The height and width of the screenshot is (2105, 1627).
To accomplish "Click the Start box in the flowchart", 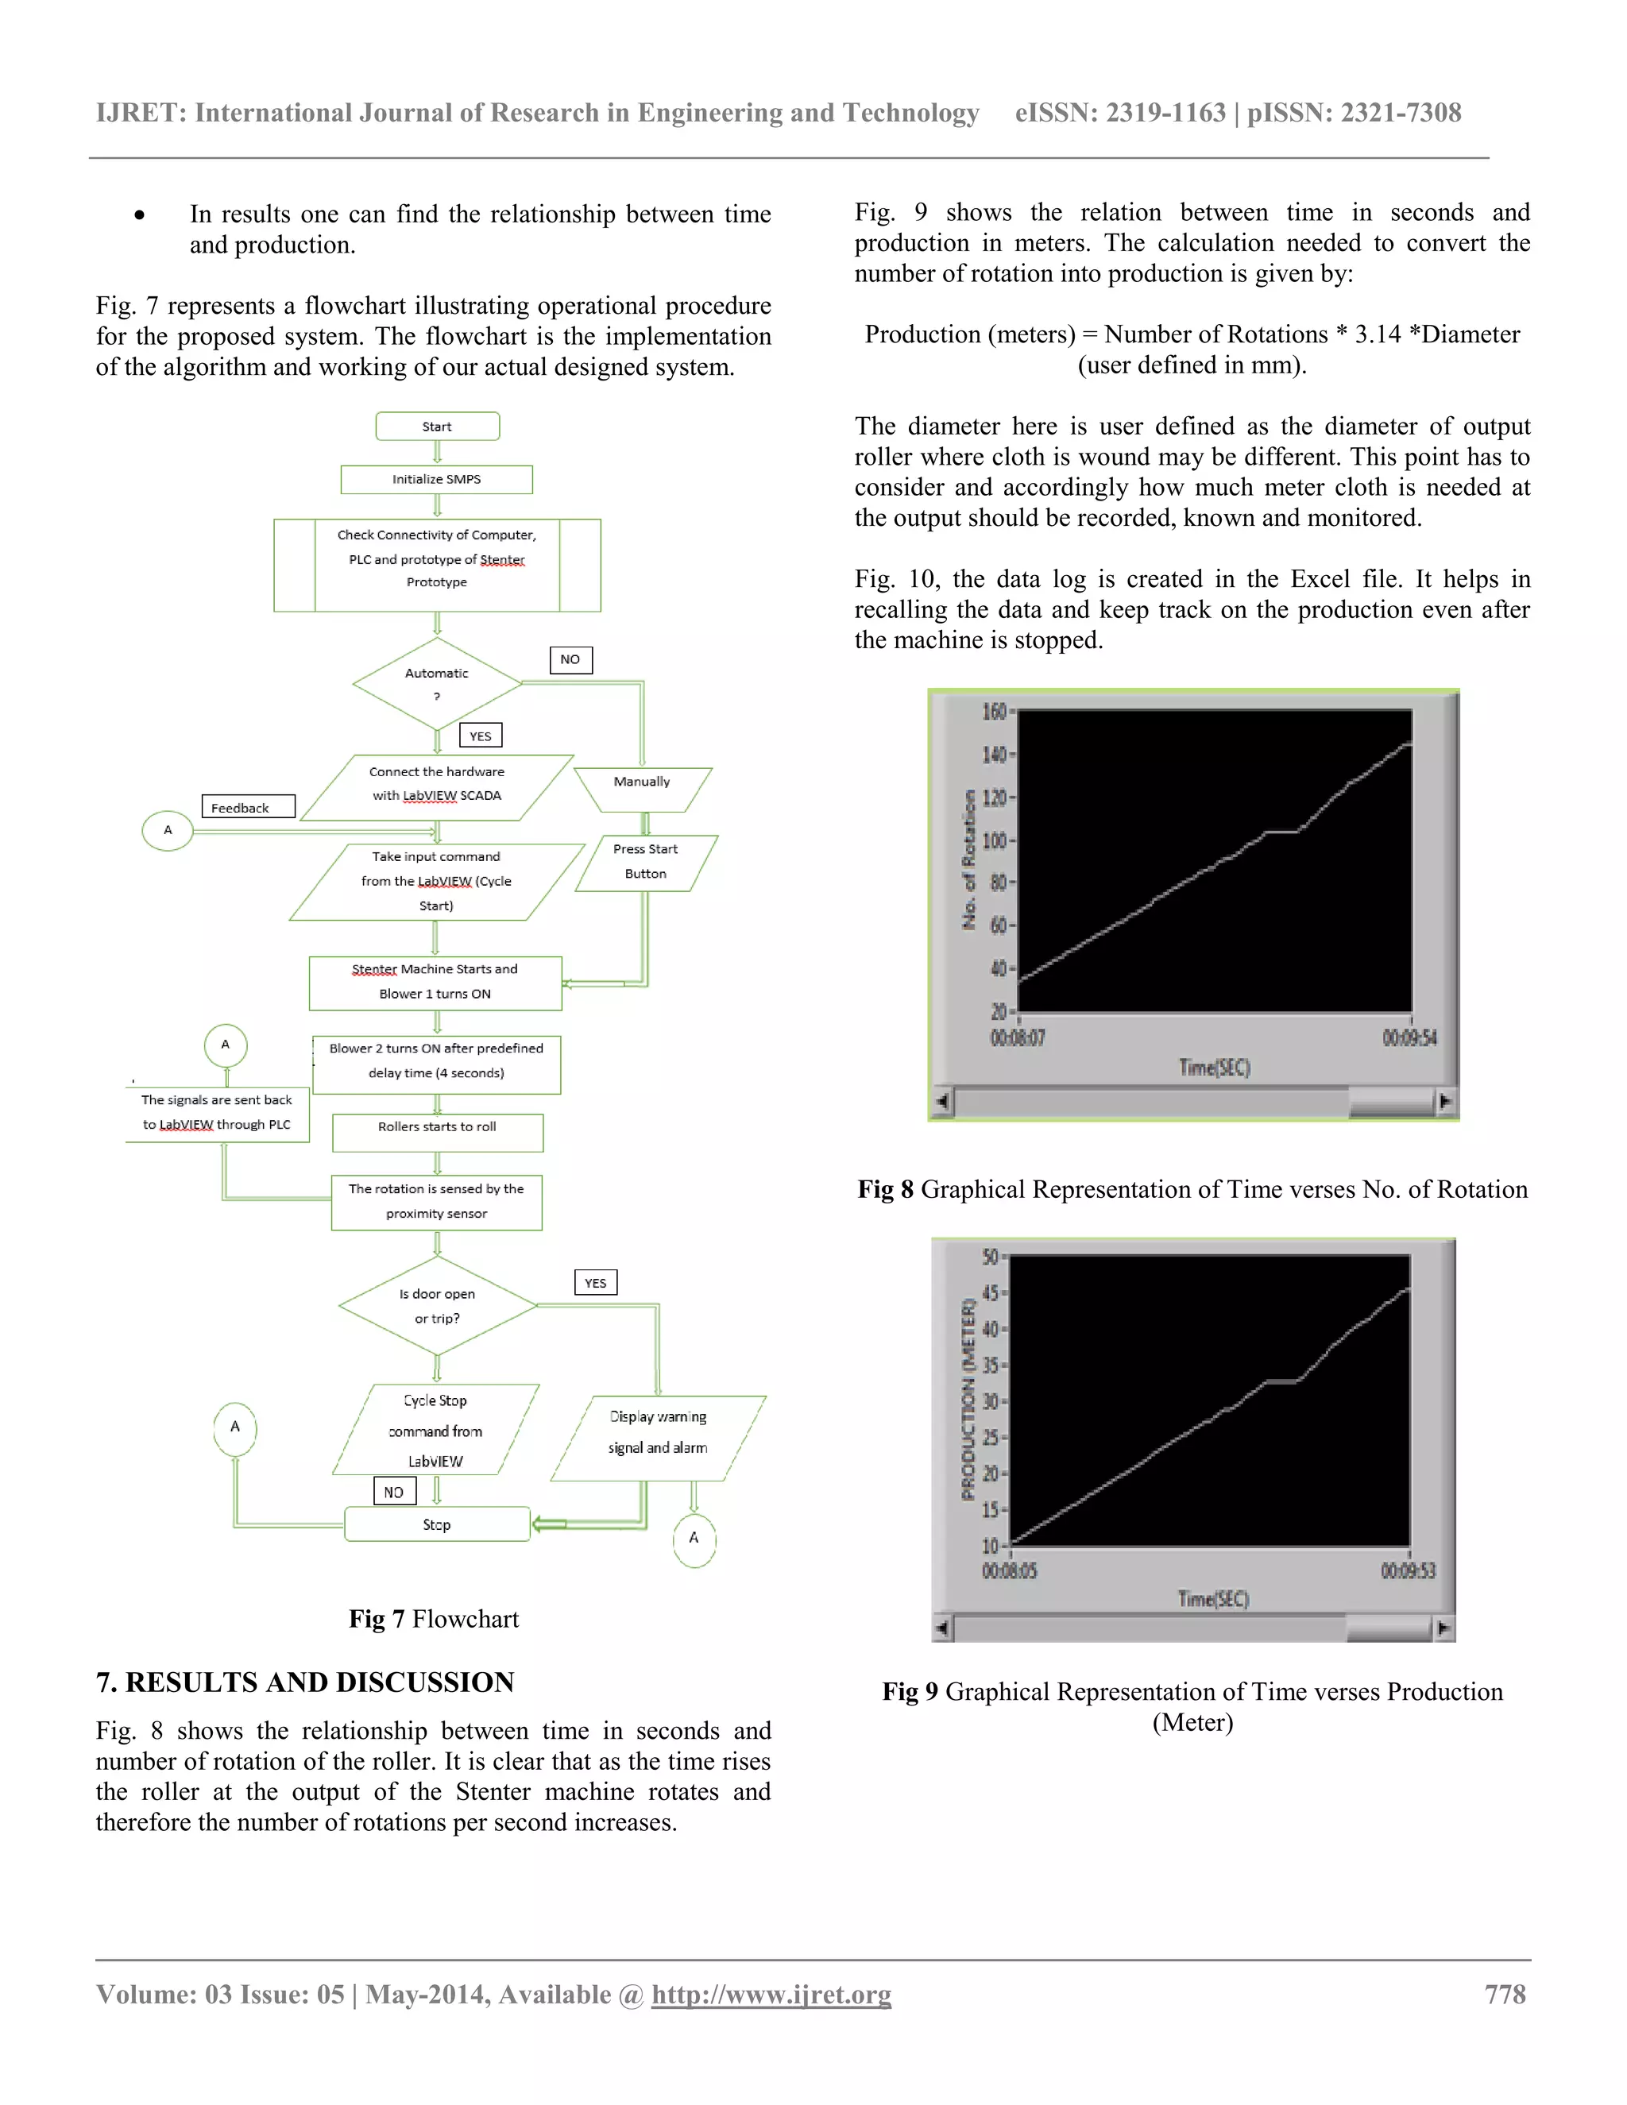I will [x=437, y=426].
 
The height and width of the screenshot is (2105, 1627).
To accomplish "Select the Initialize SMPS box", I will [x=437, y=479].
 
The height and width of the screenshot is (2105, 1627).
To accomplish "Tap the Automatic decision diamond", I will [x=437, y=683].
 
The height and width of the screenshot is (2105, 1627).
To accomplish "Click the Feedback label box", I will [x=248, y=808].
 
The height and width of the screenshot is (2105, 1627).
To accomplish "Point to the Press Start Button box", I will [x=646, y=862].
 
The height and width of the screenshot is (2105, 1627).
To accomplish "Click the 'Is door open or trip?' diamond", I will [x=438, y=1306].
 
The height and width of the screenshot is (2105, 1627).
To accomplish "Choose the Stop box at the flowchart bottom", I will [x=437, y=1524].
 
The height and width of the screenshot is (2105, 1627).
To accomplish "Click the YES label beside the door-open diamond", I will [x=596, y=1283].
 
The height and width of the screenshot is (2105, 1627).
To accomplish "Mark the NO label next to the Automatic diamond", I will [x=570, y=659].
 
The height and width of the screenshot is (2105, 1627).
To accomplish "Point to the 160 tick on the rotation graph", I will [x=994, y=711].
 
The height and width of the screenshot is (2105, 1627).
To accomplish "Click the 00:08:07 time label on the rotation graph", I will [x=1018, y=1038].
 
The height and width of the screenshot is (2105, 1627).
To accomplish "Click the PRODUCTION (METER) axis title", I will [x=968, y=1399].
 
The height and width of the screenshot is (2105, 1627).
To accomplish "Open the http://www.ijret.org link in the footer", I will [x=771, y=1994].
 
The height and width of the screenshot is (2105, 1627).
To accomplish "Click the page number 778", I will [x=1505, y=1994].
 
